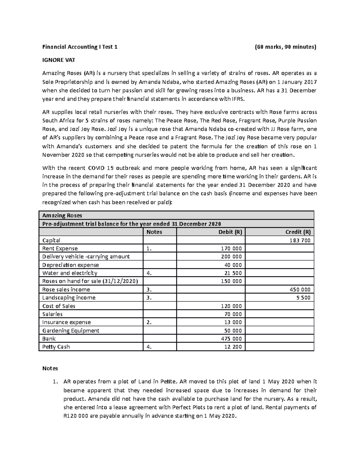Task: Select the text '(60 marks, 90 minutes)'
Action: click(x=285, y=47)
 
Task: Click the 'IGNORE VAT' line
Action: click(x=58, y=60)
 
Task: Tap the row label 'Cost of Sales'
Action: click(x=59, y=306)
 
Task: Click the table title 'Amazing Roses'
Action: click(x=62, y=215)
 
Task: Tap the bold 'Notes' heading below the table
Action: click(x=50, y=368)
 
